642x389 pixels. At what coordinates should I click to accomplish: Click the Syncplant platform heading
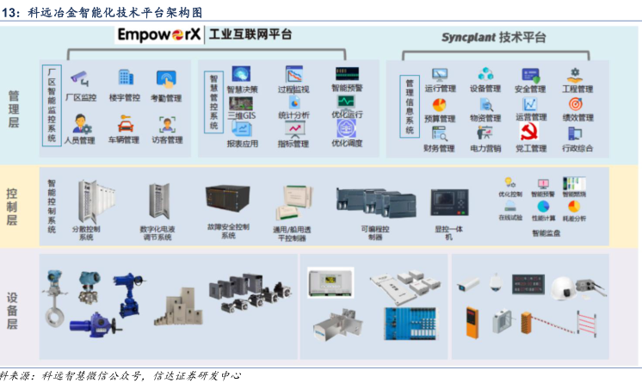click(x=493, y=38)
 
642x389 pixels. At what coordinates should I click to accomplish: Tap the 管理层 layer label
click(x=14, y=108)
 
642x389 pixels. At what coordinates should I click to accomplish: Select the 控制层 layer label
click(x=12, y=207)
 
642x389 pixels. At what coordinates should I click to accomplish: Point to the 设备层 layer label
click(x=13, y=311)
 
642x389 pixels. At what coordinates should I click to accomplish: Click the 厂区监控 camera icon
click(x=81, y=77)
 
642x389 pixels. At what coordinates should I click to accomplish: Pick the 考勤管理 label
click(x=166, y=98)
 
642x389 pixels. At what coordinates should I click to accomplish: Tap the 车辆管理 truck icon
click(x=124, y=122)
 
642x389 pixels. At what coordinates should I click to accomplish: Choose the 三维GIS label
click(x=241, y=114)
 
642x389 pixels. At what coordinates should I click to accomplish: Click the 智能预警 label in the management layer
click(x=347, y=88)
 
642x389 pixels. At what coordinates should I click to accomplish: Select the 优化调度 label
click(x=347, y=144)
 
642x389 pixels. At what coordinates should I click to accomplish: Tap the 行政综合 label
click(x=577, y=148)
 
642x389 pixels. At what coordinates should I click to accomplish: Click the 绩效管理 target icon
click(x=575, y=104)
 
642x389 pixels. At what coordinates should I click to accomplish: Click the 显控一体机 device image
click(x=448, y=203)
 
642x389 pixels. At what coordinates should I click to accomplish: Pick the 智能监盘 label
click(x=546, y=232)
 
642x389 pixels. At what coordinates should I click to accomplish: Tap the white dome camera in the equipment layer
click(x=497, y=281)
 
